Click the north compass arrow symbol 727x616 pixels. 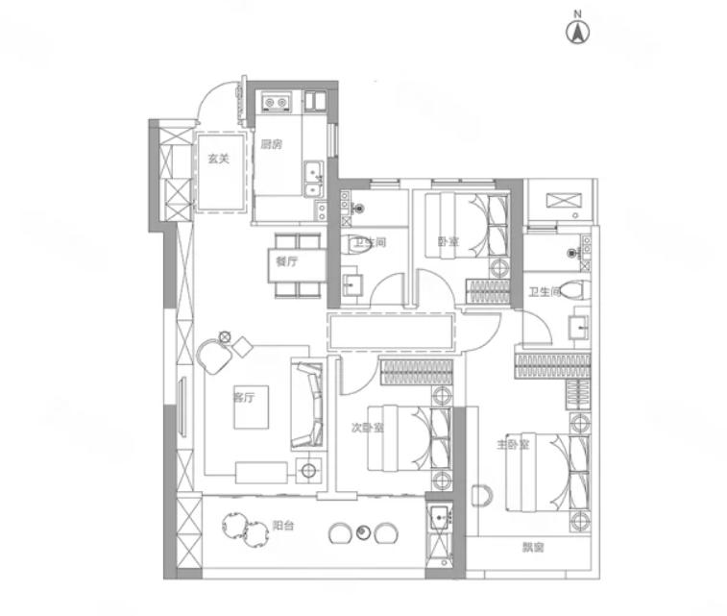click(x=577, y=32)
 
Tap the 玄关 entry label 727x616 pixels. click(x=218, y=159)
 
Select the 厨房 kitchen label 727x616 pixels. click(x=271, y=145)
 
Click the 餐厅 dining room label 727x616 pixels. click(x=287, y=261)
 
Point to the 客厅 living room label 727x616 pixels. click(x=244, y=398)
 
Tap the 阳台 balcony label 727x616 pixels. click(x=282, y=526)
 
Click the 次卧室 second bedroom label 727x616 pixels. click(x=367, y=428)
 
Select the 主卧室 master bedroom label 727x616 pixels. click(x=513, y=444)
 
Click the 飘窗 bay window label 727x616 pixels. click(x=533, y=548)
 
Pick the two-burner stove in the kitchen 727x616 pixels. click(x=276, y=102)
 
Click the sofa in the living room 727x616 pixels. click(x=307, y=405)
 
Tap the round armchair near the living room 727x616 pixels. click(x=214, y=356)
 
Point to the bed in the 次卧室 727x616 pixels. click(x=409, y=438)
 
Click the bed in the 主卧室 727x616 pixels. click(x=547, y=472)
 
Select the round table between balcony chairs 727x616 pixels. click(x=363, y=532)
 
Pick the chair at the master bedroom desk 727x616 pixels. click(x=482, y=496)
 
